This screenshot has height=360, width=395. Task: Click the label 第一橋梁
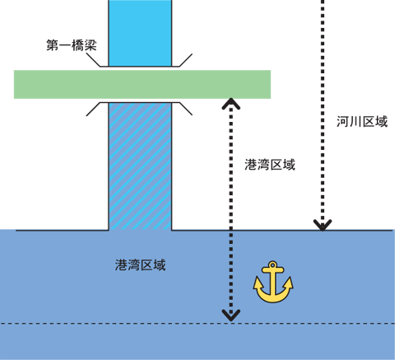72,45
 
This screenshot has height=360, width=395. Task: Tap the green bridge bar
142,84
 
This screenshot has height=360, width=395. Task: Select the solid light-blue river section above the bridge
140,33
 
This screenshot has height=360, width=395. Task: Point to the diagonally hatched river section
140,166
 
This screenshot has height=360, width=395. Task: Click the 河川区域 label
362,121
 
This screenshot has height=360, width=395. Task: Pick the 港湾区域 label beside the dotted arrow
270,165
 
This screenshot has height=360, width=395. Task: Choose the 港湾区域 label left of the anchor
141,265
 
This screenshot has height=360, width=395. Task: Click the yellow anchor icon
273,282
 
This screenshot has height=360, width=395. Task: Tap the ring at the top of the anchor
272,265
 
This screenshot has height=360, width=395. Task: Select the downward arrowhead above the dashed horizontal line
231,316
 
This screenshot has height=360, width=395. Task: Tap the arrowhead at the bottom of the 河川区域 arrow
323,225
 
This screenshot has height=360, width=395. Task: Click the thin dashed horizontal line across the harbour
197,324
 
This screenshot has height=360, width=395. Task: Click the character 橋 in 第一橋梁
78,45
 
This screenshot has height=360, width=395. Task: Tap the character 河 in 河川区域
343,121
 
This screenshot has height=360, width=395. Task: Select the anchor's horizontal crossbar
272,270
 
